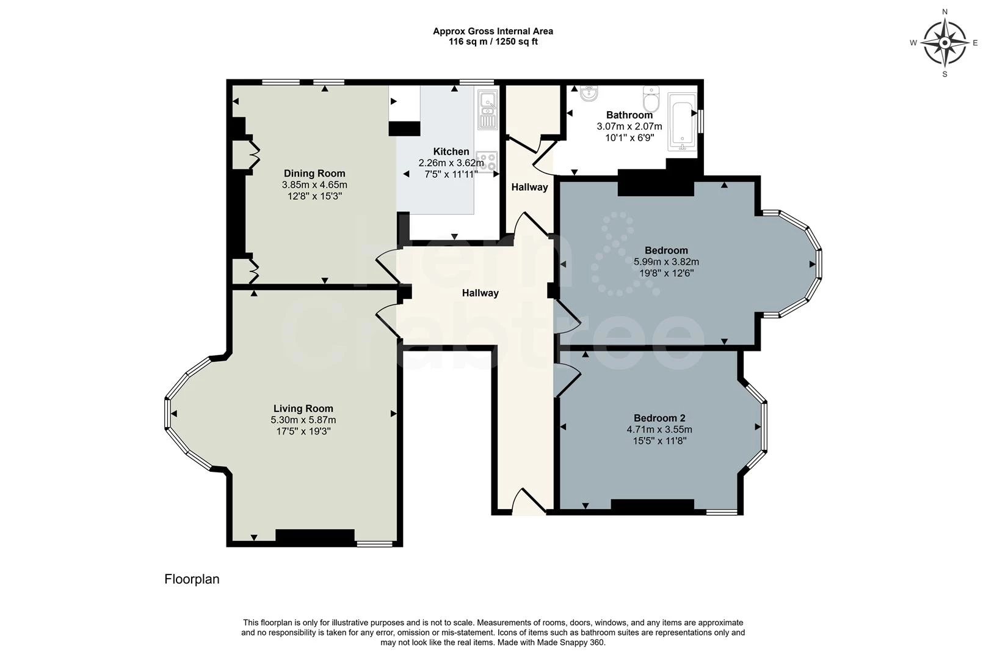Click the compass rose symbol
[x=944, y=43]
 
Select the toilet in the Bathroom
[x=651, y=97]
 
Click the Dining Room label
[x=314, y=174]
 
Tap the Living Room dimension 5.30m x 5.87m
[x=303, y=420]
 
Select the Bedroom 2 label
[x=659, y=418]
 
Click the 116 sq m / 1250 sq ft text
[x=493, y=42]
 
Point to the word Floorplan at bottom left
[x=192, y=579]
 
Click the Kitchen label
[x=451, y=152]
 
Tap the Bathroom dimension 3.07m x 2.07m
[x=629, y=127]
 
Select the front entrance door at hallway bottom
[x=528, y=501]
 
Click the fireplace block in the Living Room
[x=315, y=537]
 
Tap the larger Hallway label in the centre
[x=480, y=293]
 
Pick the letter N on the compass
[x=944, y=11]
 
